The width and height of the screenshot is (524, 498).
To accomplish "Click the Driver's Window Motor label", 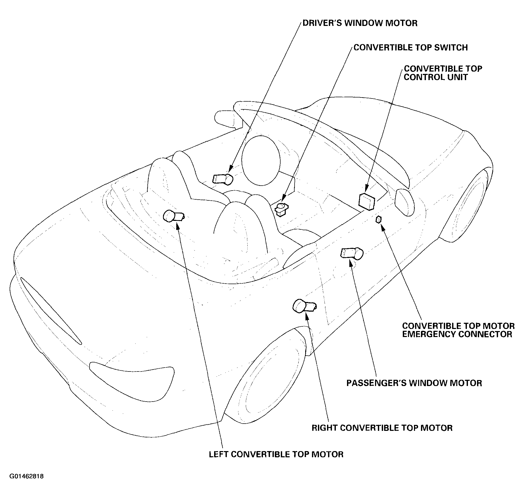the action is (360, 23).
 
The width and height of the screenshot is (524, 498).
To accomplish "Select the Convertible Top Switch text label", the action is (411, 47).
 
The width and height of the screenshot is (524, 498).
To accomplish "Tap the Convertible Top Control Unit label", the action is (443, 73).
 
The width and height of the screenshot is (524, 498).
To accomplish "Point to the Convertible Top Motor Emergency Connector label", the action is (458, 330).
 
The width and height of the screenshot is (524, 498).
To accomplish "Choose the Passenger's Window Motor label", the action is (414, 383).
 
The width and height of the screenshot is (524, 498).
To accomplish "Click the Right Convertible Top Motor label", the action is (382, 428).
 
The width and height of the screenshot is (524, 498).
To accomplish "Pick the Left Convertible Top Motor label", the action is (276, 454).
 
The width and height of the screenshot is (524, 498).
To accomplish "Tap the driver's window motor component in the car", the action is (223, 179).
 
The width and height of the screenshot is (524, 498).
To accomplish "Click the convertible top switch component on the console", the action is (282, 209).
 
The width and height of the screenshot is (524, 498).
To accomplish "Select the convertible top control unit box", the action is (367, 201).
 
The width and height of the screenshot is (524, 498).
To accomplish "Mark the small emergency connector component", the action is (379, 219).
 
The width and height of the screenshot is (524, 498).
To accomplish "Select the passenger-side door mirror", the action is (404, 202).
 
